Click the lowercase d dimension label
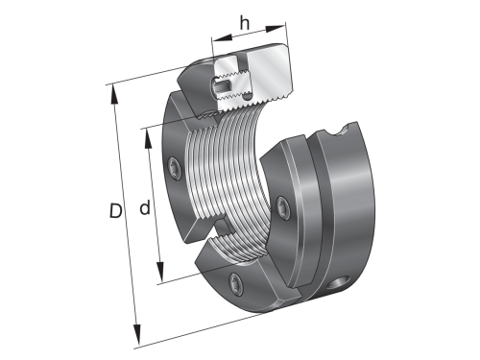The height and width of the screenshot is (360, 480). point(143,207)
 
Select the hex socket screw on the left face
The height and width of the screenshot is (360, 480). point(174,168)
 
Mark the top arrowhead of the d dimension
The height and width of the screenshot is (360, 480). point(146,132)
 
